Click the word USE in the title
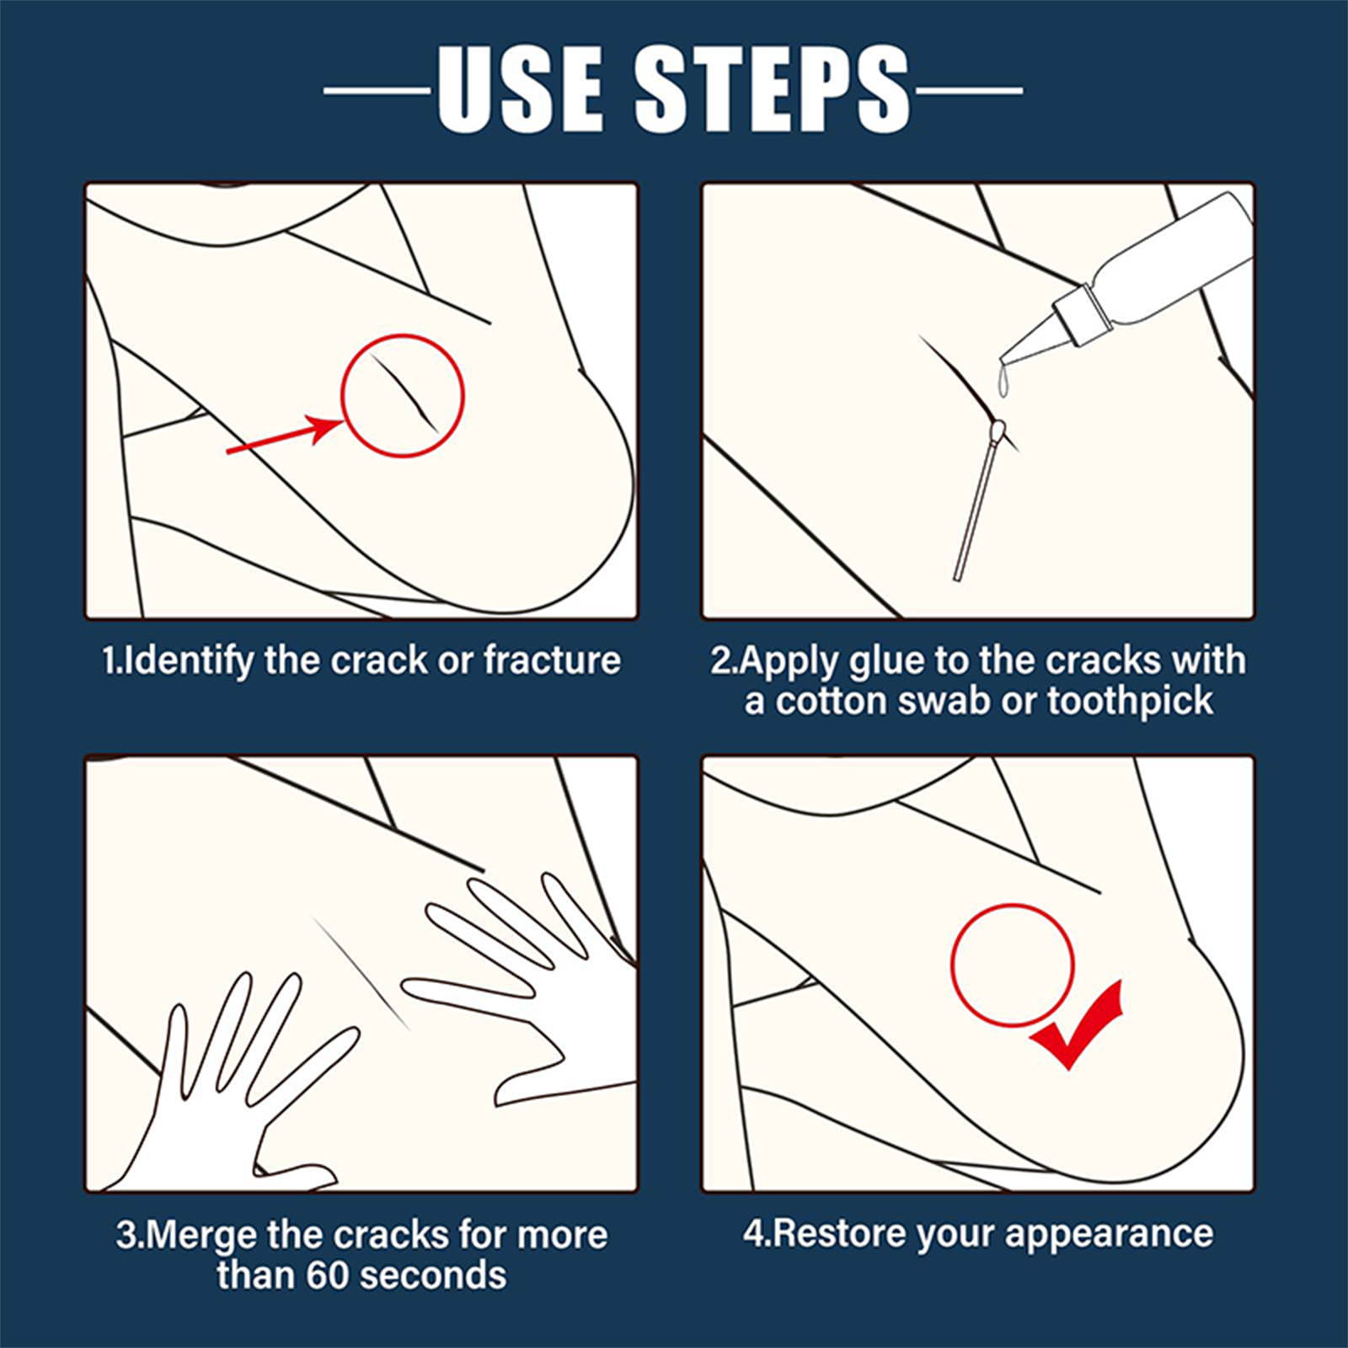pyautogui.click(x=520, y=88)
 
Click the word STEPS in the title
pyautogui.click(x=773, y=88)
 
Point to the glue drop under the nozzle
pyautogui.click(x=1003, y=381)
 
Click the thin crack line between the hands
pyautogui.click(x=361, y=973)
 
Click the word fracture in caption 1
pyautogui.click(x=553, y=660)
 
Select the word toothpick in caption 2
pyautogui.click(x=1130, y=701)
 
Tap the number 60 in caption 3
pyautogui.click(x=326, y=1275)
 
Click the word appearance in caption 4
pyautogui.click(x=1109, y=1235)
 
